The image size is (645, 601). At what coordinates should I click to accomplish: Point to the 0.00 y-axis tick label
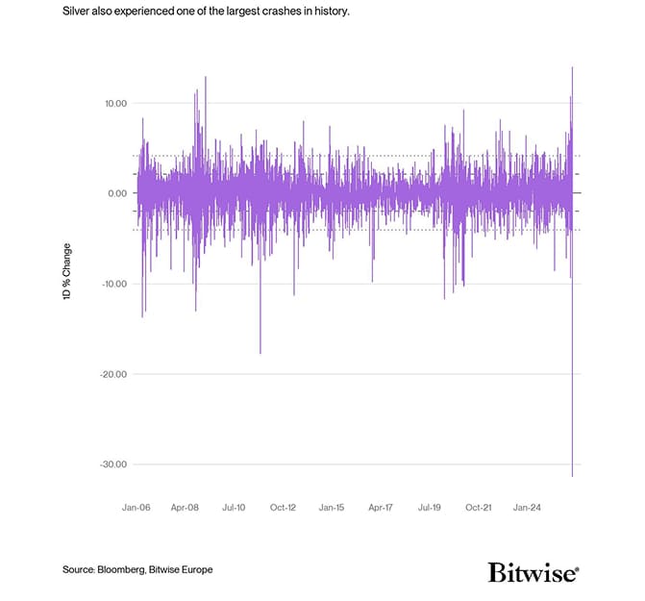click(x=115, y=193)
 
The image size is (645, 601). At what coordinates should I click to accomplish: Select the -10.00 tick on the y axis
click(x=112, y=284)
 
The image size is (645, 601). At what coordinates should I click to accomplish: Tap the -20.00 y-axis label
click(x=112, y=374)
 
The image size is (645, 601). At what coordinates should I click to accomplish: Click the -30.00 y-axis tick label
click(x=112, y=464)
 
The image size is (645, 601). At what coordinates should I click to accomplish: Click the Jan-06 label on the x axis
click(x=136, y=506)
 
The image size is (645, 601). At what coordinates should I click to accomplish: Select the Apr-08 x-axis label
click(x=185, y=506)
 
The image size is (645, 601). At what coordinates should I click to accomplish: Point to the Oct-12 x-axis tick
click(x=283, y=506)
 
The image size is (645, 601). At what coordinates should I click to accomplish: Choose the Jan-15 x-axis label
click(x=332, y=506)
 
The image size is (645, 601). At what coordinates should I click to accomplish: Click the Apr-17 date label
click(x=381, y=506)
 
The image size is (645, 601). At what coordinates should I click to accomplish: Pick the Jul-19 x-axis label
click(x=430, y=506)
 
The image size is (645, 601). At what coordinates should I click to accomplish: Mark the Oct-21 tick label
click(x=479, y=506)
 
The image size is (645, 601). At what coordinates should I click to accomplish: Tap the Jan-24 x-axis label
click(x=528, y=506)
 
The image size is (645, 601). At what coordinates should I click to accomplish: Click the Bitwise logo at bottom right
click(x=533, y=573)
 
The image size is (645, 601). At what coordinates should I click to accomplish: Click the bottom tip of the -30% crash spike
click(x=572, y=476)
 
